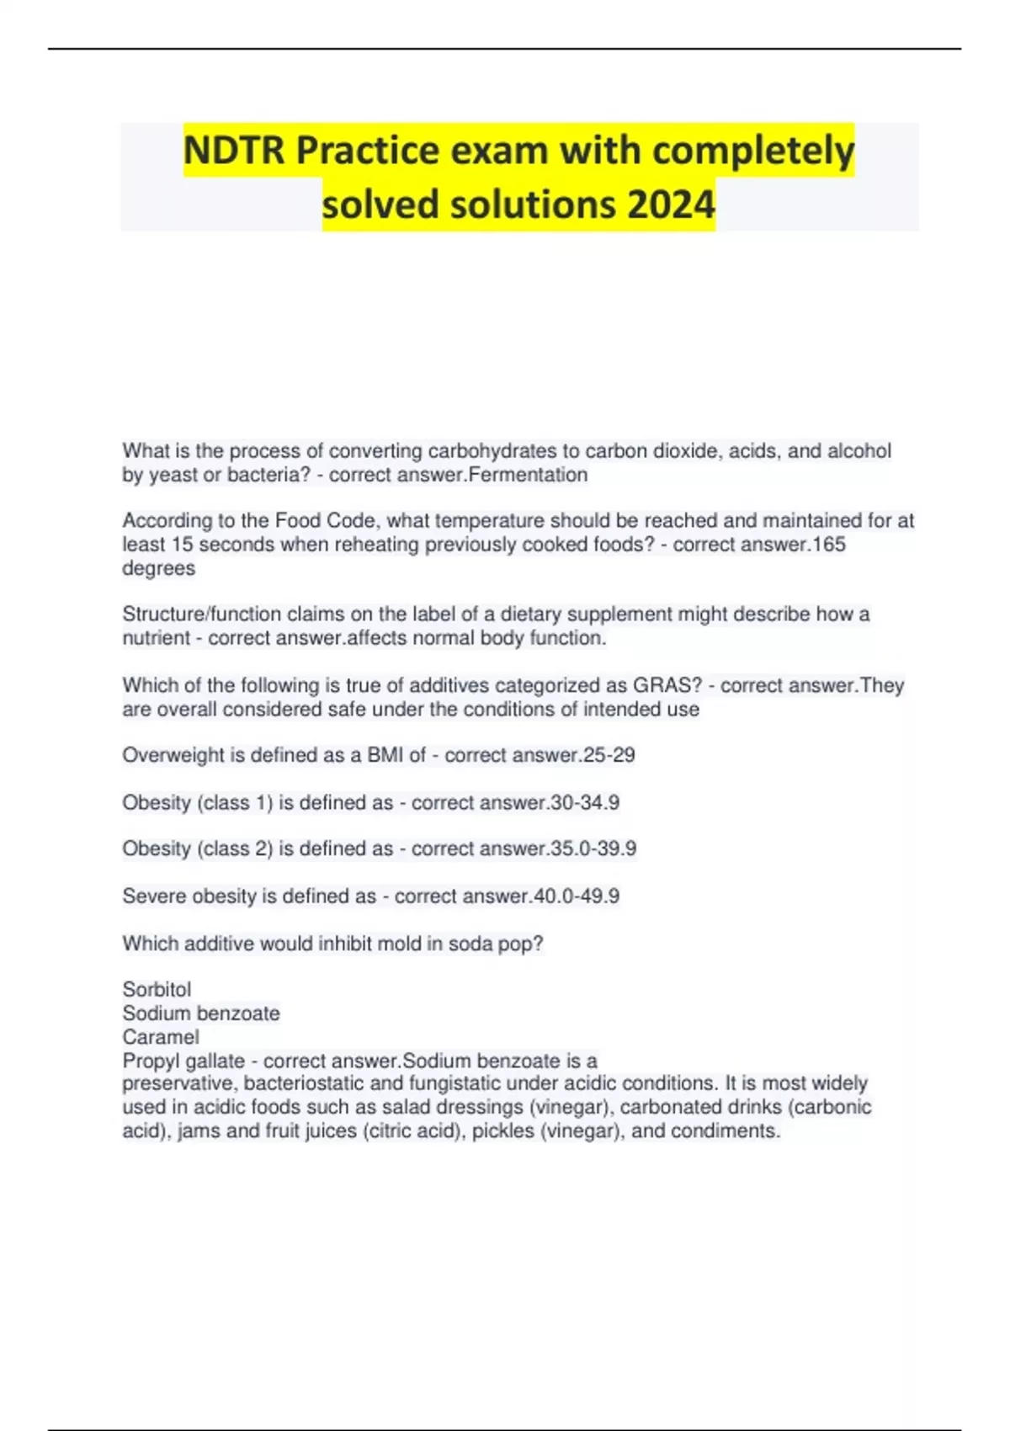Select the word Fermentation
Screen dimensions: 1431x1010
(x=528, y=475)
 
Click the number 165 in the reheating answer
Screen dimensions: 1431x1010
(x=829, y=545)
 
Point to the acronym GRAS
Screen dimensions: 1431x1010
(x=665, y=685)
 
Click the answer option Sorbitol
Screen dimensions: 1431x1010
(x=157, y=989)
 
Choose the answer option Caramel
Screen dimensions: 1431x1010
(x=161, y=1036)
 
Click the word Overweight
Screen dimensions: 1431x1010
(x=173, y=755)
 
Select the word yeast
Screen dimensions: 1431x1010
(x=173, y=475)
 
